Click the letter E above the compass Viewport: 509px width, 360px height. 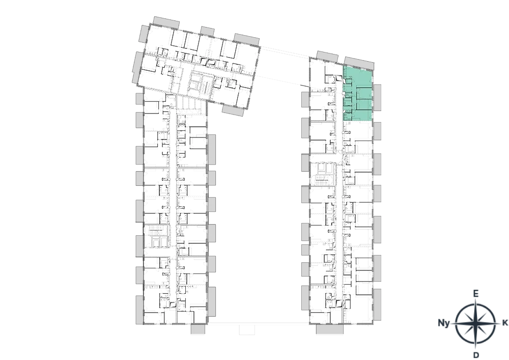point(475,294)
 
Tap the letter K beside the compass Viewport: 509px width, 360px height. point(505,323)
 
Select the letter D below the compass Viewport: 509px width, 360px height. point(476,354)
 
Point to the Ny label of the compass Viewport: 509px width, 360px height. point(444,323)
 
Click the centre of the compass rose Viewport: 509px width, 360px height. point(475,323)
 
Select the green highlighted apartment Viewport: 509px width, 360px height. point(358,94)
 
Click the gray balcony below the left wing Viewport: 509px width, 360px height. point(197,329)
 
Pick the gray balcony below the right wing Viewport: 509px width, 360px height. point(329,329)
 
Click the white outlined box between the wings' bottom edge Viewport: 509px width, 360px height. point(247,329)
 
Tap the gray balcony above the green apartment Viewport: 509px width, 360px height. point(359,63)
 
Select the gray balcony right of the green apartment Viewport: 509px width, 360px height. point(377,97)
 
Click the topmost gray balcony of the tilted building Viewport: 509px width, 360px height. point(166,22)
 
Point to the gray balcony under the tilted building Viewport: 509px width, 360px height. point(233,110)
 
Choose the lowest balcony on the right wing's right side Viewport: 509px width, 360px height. point(377,304)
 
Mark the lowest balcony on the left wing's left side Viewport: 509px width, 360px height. point(139,310)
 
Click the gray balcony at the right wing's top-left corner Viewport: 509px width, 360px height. point(327,57)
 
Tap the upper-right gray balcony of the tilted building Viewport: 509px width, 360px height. point(246,39)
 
